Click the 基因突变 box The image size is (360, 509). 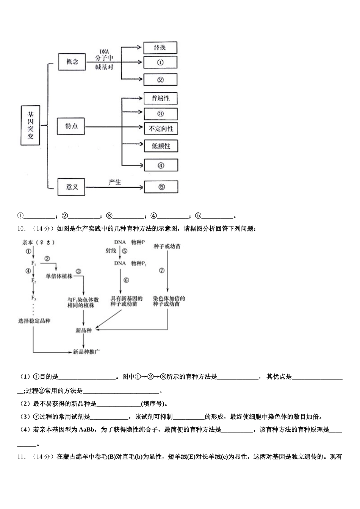pyautogui.click(x=30, y=125)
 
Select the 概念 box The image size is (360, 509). pyautogui.click(x=72, y=62)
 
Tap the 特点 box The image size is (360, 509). pyautogui.click(x=71, y=126)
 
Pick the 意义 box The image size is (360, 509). pyautogui.click(x=71, y=187)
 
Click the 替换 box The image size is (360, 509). pyautogui.click(x=160, y=48)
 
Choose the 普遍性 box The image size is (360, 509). pyautogui.click(x=161, y=98)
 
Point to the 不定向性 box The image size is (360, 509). pyautogui.click(x=161, y=129)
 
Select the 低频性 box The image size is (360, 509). pyautogui.click(x=161, y=146)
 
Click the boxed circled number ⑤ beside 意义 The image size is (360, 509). pyautogui.click(x=161, y=187)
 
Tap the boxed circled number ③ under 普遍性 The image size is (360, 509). pyautogui.click(x=160, y=114)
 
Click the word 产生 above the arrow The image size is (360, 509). pyautogui.click(x=114, y=182)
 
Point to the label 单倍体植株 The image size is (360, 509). pyautogui.click(x=59, y=276)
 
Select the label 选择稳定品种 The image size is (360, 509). pyautogui.click(x=34, y=321)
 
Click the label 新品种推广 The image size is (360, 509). pyautogui.click(x=86, y=352)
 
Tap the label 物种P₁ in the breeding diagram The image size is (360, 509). pyautogui.click(x=139, y=263)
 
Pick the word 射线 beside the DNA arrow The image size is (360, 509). pyautogui.click(x=111, y=251)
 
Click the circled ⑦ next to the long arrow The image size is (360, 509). pyautogui.click(x=162, y=270)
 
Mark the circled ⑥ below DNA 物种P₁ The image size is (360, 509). pyautogui.click(x=126, y=280)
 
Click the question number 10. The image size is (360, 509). pyautogui.click(x=21, y=228)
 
